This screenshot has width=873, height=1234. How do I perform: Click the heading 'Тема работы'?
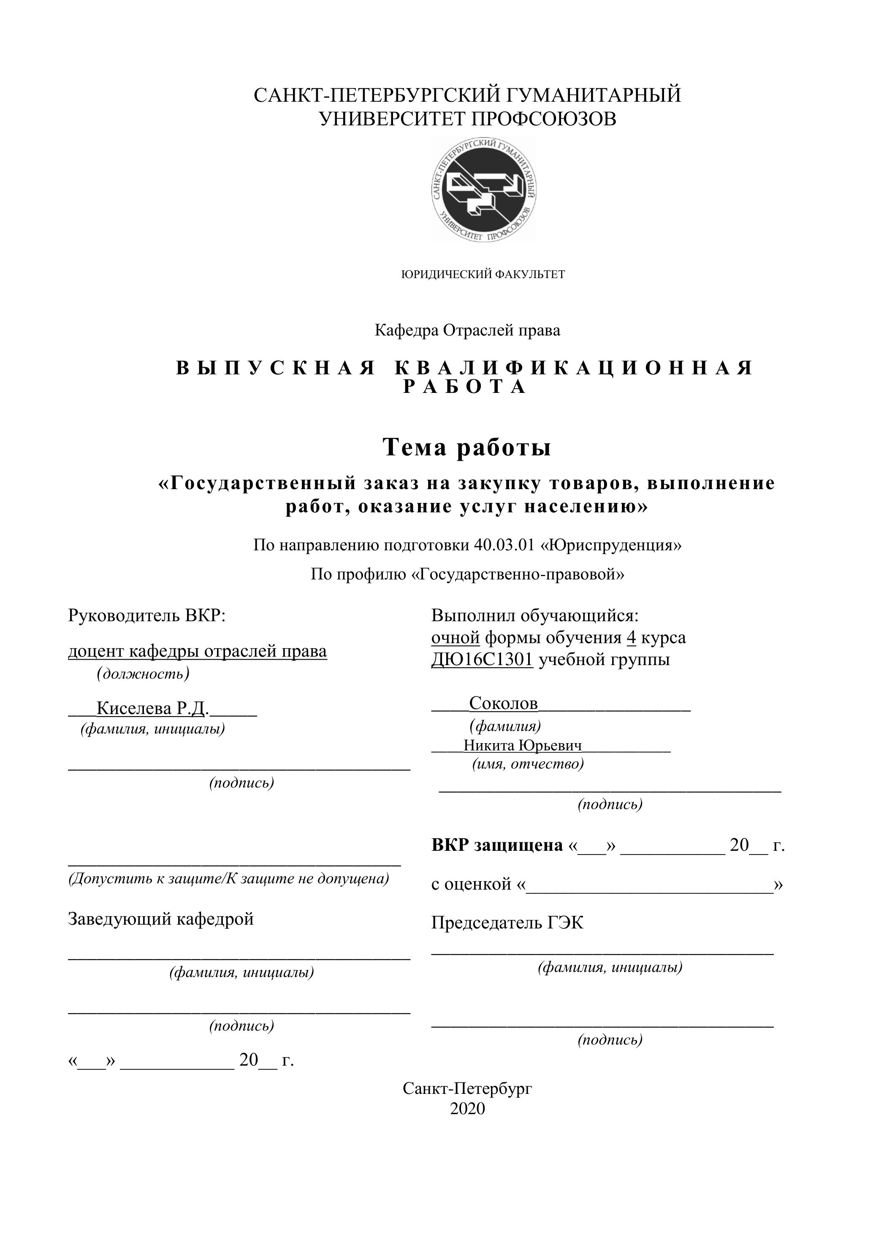click(466, 447)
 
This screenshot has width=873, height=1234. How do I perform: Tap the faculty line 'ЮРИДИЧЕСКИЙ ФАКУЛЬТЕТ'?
click(483, 275)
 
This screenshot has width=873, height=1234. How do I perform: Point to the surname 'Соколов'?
click(503, 703)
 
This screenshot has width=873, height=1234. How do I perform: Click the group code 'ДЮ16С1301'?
click(482, 660)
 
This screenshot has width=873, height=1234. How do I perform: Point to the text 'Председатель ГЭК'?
click(507, 923)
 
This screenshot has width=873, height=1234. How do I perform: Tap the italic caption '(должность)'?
click(143, 674)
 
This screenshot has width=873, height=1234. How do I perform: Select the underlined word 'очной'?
click(455, 638)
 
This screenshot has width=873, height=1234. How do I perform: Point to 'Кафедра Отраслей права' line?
click(467, 330)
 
